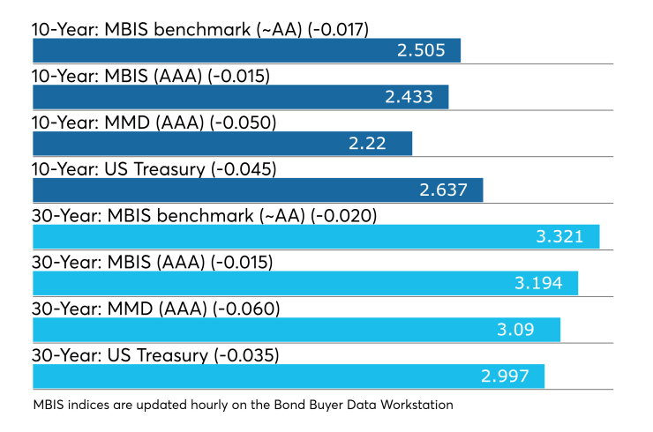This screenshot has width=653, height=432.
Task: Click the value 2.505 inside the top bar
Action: (x=421, y=50)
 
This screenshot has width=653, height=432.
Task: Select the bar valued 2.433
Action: (x=241, y=97)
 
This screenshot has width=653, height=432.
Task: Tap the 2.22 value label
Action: (x=367, y=144)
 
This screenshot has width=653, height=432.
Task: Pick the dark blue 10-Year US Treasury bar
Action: (x=258, y=190)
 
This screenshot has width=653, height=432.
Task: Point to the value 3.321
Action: (x=559, y=237)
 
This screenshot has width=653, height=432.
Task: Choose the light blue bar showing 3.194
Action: (x=305, y=283)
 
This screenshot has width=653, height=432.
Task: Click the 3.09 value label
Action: (x=515, y=330)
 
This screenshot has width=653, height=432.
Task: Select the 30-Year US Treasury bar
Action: (x=289, y=376)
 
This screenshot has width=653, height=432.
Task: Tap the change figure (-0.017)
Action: (x=338, y=30)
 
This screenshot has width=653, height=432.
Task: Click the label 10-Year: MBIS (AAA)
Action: (x=117, y=76)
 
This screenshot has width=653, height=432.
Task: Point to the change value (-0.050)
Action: (x=244, y=123)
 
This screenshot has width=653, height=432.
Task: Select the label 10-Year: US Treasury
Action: (x=119, y=169)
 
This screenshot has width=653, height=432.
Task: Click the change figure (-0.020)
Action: (x=344, y=216)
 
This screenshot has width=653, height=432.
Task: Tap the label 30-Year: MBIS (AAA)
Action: (x=119, y=263)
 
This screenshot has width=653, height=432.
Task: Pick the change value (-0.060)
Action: (x=246, y=309)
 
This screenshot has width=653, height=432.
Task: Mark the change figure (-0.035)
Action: (x=246, y=356)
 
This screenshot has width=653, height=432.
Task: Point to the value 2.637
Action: (x=443, y=190)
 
